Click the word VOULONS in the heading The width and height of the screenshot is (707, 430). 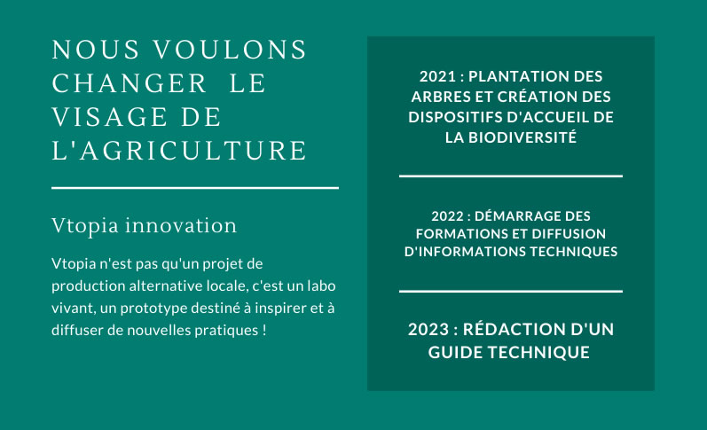click(x=230, y=50)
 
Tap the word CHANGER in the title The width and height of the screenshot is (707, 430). click(x=130, y=83)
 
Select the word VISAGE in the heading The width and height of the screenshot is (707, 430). click(x=110, y=117)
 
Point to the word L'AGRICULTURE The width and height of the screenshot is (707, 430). click(x=179, y=151)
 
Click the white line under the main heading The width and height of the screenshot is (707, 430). click(x=195, y=188)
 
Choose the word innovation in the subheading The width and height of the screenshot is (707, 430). click(x=181, y=225)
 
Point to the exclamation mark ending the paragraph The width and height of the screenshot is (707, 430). click(x=264, y=331)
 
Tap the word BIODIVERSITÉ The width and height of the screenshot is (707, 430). click(x=522, y=137)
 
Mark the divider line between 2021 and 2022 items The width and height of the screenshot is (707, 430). click(x=511, y=176)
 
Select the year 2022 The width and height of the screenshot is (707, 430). click(x=447, y=216)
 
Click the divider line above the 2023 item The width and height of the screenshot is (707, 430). click(x=511, y=291)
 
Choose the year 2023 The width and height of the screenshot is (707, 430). click(x=428, y=330)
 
